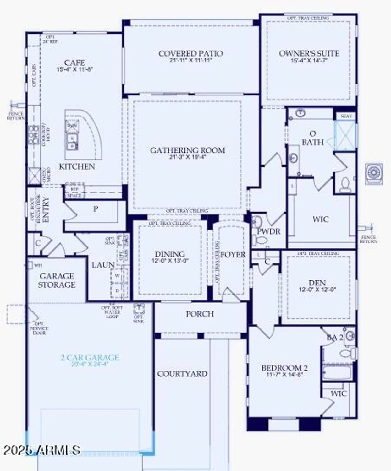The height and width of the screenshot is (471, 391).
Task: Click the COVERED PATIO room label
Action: pos(190,54)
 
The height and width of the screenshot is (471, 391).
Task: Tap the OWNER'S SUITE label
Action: pos(309,53)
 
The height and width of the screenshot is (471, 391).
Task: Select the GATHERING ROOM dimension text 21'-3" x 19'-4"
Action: pos(187,157)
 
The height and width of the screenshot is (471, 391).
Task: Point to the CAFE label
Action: pos(74,63)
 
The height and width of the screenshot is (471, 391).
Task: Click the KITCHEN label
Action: pos(77,166)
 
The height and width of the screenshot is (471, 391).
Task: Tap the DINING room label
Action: pos(170,254)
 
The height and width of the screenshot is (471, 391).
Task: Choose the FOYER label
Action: pos(233,254)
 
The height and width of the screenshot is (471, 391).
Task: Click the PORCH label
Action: pos(200,314)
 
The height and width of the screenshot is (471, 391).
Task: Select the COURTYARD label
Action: pos(182,374)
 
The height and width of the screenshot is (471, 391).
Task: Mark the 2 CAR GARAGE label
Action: pos(90,357)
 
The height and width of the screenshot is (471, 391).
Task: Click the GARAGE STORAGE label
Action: pos(57,280)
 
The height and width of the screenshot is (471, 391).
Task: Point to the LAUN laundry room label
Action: pos(103,265)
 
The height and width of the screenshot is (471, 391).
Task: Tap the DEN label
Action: pos(317,283)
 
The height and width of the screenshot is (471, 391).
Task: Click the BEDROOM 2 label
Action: pos(284,368)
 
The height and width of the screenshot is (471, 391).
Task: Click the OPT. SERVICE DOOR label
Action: pos(39,328)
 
